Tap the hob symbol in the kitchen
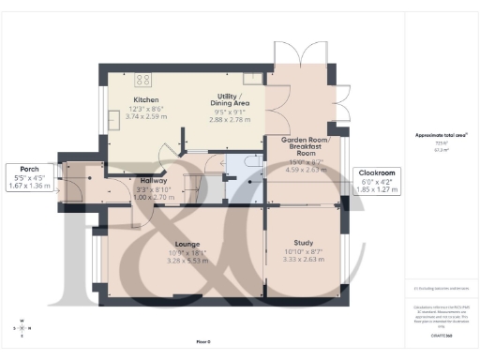coord(144,80)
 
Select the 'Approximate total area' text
coord(435,135)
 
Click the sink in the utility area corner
coord(250,78)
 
